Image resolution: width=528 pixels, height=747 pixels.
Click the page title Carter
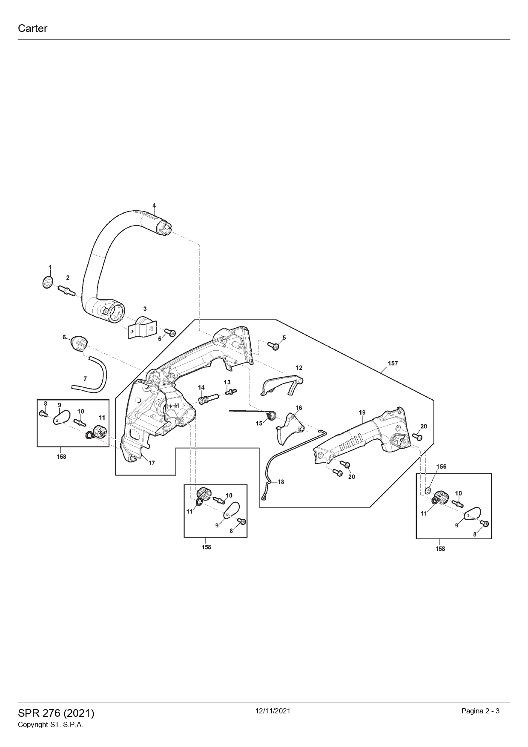(32, 29)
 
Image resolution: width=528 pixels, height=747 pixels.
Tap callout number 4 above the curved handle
(154, 206)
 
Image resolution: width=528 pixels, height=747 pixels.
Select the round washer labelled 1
(48, 282)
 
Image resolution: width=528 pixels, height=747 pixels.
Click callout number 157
(393, 363)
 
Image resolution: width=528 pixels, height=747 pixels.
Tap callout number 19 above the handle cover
(362, 412)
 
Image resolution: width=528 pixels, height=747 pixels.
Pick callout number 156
(441, 467)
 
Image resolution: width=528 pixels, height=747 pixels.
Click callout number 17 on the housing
(152, 463)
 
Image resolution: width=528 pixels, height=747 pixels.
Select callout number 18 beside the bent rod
(281, 482)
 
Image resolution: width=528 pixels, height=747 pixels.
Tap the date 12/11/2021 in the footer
(273, 711)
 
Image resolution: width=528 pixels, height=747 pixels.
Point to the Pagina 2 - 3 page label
(480, 711)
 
